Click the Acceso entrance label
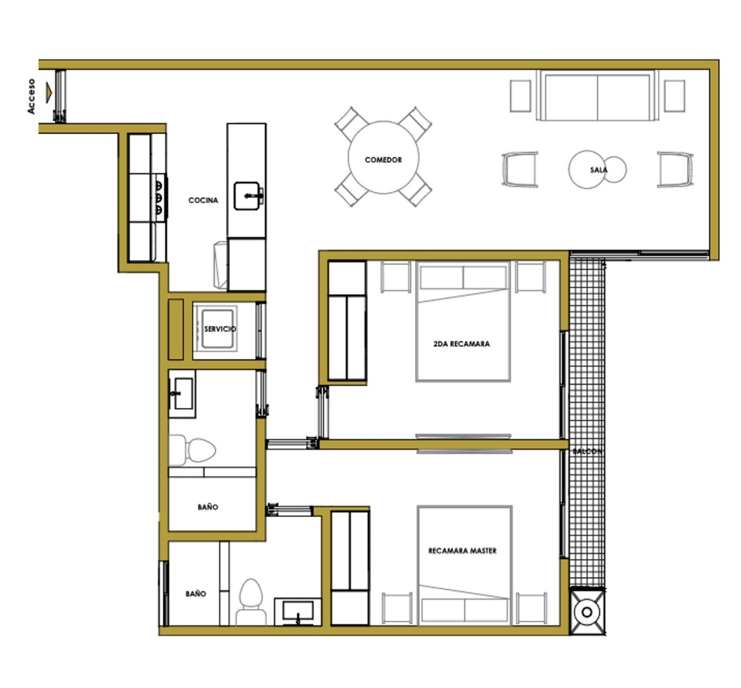(31, 96)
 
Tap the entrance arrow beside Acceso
(49, 93)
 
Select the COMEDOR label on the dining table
(383, 160)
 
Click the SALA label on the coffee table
(598, 170)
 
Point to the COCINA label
(203, 201)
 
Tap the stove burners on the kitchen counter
(159, 197)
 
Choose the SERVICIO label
(220, 329)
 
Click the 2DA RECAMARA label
(461, 344)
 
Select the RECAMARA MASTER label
(463, 551)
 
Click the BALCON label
(587, 451)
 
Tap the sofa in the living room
(597, 96)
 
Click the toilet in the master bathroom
(251, 602)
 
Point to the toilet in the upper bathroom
(192, 450)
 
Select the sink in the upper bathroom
(182, 394)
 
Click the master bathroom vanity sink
(298, 612)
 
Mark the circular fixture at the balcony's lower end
(587, 612)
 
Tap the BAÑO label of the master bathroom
(196, 594)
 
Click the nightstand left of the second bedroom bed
(395, 276)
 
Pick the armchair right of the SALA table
(675, 169)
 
